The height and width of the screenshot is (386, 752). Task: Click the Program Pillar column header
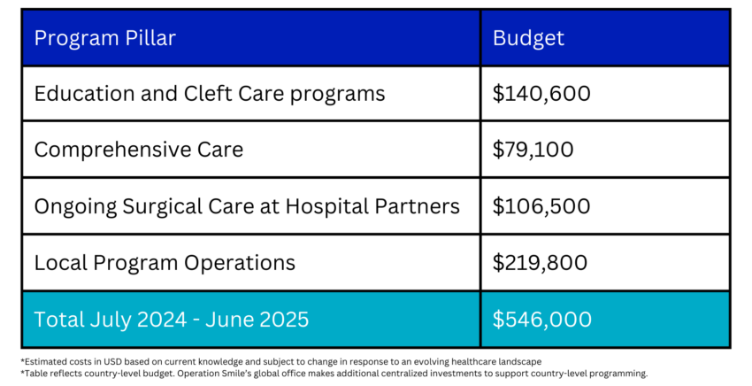pyautogui.click(x=105, y=38)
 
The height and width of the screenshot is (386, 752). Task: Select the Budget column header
pyautogui.click(x=528, y=38)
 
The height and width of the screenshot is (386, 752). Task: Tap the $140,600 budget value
pyautogui.click(x=541, y=93)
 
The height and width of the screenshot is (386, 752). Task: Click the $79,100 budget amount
pyautogui.click(x=533, y=150)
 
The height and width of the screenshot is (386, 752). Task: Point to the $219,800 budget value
pyautogui.click(x=540, y=263)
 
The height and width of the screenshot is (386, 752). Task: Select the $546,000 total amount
pyautogui.click(x=542, y=320)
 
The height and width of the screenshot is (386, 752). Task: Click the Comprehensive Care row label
pyautogui.click(x=139, y=150)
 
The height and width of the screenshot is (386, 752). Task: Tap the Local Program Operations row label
pyautogui.click(x=165, y=263)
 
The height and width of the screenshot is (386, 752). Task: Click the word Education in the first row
pyautogui.click(x=84, y=93)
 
